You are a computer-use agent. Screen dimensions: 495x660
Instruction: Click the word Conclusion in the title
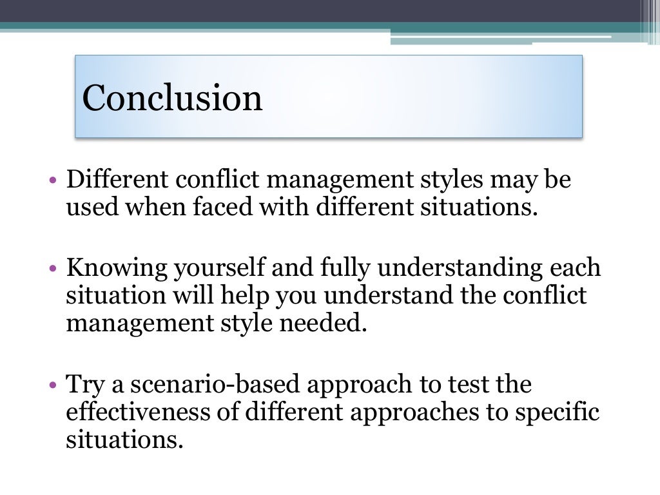pyautogui.click(x=172, y=98)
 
